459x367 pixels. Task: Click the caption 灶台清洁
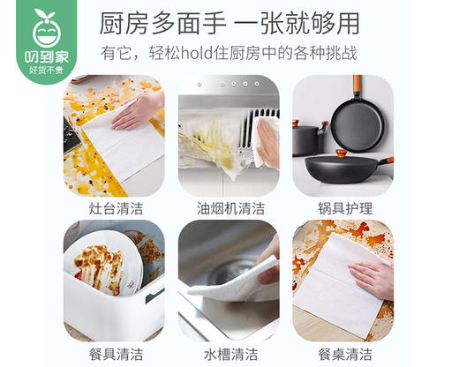click(114, 209)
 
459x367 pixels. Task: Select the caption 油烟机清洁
click(229, 209)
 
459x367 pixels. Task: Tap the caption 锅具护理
click(344, 209)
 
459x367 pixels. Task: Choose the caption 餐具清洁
click(114, 355)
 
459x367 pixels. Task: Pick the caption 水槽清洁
click(229, 355)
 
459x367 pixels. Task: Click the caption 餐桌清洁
click(344, 355)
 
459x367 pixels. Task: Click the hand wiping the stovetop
click(139, 110)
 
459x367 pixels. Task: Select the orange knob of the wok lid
click(341, 154)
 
